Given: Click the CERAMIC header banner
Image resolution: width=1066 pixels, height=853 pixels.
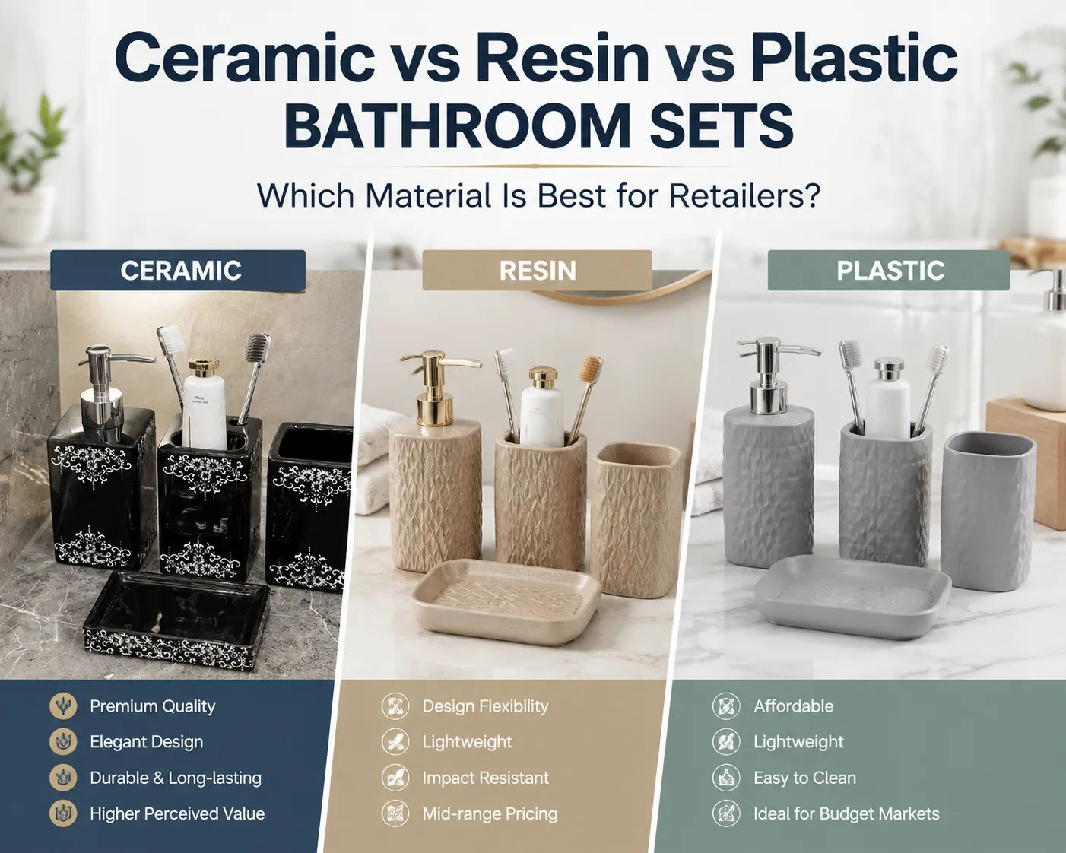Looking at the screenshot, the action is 178,270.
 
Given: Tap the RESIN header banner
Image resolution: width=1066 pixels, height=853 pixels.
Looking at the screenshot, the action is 537,270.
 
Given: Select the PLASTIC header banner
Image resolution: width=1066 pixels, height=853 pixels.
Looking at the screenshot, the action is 889,270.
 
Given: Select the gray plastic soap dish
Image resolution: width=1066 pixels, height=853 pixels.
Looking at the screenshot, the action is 852,596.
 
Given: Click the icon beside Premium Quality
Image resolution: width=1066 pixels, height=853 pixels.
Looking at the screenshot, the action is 63,706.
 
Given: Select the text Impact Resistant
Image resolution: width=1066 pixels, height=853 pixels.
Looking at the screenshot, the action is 485,778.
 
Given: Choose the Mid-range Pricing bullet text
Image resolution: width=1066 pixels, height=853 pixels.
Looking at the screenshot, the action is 490,814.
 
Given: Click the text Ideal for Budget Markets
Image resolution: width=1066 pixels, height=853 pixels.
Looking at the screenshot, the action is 846,814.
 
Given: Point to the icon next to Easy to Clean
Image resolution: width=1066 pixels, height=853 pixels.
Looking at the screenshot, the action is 726,778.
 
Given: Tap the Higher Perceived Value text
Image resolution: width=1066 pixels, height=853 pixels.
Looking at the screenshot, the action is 177,814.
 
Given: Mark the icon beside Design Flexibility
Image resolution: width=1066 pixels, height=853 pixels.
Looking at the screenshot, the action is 395,706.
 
